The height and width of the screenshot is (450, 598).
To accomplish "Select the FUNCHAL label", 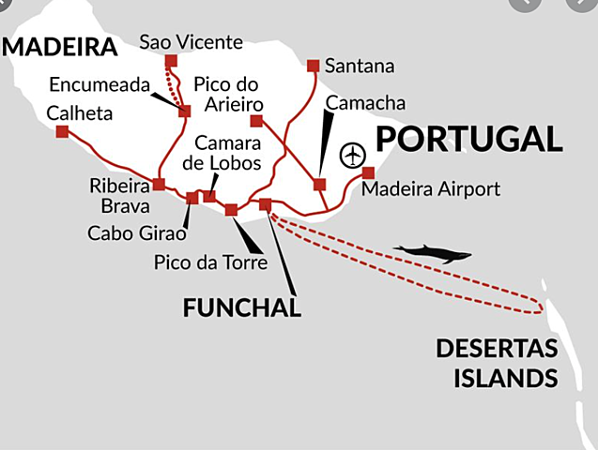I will [x=242, y=307].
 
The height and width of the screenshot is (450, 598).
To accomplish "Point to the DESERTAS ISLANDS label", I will [x=497, y=364].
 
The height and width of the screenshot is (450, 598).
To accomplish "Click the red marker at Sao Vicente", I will [x=171, y=62].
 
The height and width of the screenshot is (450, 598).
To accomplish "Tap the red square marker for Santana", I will [x=314, y=66].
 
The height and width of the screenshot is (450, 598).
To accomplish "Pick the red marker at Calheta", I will [x=62, y=131].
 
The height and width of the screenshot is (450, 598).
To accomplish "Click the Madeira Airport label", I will [x=430, y=189].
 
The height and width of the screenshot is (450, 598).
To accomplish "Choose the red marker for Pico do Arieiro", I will [x=256, y=121].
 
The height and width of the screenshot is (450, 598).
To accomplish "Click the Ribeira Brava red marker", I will [x=159, y=184].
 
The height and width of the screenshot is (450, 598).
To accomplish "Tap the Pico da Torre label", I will [x=210, y=262].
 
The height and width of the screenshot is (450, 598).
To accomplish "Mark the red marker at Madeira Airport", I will [x=368, y=172].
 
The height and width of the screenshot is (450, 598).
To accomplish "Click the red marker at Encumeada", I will [x=184, y=111].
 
